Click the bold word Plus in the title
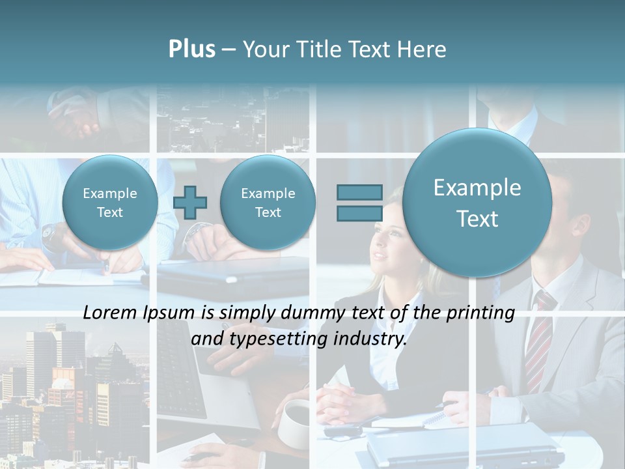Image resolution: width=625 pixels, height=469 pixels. [191, 49]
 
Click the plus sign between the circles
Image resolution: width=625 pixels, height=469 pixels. [190, 202]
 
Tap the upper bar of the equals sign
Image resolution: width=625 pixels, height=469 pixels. [359, 192]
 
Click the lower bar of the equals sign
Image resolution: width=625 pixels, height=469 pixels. [359, 213]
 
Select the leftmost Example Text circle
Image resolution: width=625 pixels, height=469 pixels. [110, 203]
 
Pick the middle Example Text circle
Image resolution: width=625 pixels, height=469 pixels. [268, 203]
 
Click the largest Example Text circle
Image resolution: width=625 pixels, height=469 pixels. [477, 203]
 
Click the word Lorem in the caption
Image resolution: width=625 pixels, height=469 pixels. [111, 313]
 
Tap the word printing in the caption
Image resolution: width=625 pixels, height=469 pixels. [480, 313]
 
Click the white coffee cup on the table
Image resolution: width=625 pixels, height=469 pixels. [295, 422]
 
